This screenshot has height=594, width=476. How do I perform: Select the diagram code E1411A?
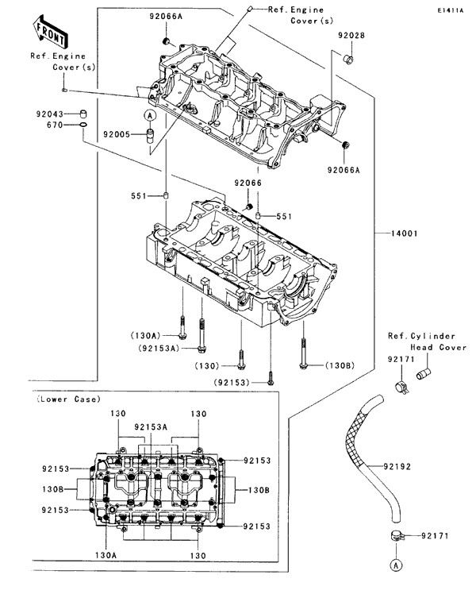(450, 10)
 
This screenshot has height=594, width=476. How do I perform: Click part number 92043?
(48, 114)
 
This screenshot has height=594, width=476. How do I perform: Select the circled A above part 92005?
(148, 116)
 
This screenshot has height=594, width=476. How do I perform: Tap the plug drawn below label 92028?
(347, 60)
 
